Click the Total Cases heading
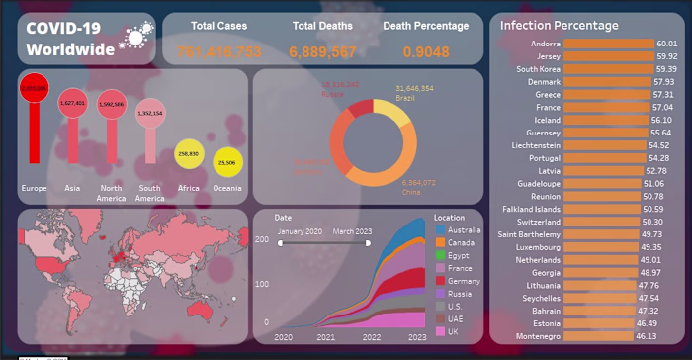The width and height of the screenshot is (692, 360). (218, 26)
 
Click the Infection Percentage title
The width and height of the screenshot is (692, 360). (560, 25)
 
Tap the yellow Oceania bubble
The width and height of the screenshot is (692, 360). (227, 162)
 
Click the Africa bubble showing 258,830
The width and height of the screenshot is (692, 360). (188, 154)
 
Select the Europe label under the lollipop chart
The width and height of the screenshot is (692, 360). (34, 187)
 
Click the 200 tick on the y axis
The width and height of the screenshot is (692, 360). (261, 240)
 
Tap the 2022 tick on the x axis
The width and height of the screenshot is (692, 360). (373, 337)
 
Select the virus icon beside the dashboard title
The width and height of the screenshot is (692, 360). (133, 38)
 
